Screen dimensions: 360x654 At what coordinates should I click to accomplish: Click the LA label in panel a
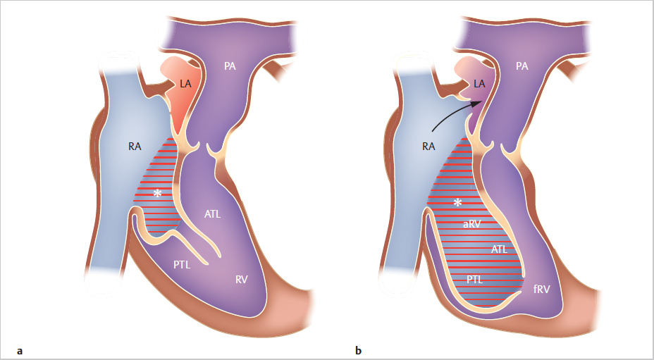pyautogui.click(x=185, y=84)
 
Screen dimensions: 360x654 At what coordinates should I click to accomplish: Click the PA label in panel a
pyautogui.click(x=230, y=66)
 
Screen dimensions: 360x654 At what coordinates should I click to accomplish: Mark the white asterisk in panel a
pyautogui.click(x=158, y=193)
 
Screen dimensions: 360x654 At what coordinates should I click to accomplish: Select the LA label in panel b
pyautogui.click(x=479, y=84)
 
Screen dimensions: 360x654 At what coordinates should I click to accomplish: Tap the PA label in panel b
pyautogui.click(x=522, y=66)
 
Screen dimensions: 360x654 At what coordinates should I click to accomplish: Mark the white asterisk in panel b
pyautogui.click(x=458, y=203)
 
